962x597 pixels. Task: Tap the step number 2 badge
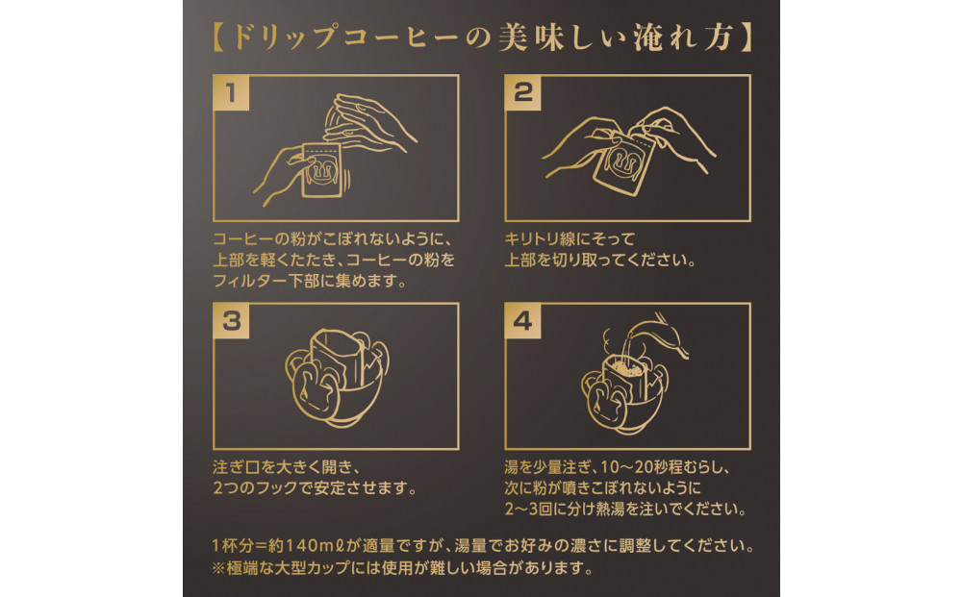click(523, 91)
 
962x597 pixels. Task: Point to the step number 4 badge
click(523, 321)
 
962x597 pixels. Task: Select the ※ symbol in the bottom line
click(218, 568)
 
